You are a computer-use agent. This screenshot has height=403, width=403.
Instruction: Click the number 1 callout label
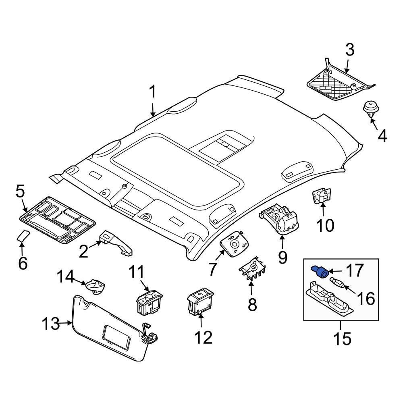coord(152,92)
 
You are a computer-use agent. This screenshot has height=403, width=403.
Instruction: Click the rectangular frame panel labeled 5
coord(58,220)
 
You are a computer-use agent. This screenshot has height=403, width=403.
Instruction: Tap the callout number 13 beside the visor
coord(52,324)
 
